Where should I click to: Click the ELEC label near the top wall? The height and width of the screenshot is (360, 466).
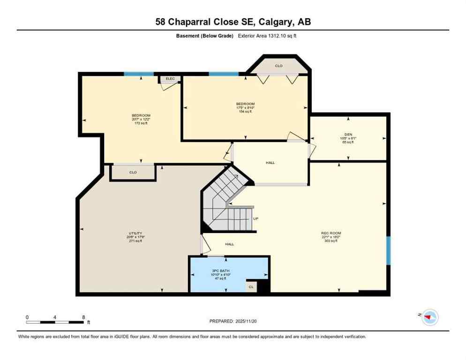point(170,79)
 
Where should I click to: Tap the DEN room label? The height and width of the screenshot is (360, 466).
point(347,134)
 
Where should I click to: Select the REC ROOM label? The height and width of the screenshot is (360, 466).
point(331,233)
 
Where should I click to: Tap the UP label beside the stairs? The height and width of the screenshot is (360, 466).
point(256,218)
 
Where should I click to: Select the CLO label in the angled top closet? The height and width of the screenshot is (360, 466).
point(279,66)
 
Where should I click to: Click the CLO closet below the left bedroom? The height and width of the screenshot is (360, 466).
point(133,172)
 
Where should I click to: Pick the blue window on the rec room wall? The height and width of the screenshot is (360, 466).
point(388,250)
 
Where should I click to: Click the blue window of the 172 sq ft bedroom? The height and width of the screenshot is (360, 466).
point(139,74)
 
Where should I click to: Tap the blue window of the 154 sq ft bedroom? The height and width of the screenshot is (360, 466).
point(224,74)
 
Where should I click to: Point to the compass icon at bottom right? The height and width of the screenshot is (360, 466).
point(429,317)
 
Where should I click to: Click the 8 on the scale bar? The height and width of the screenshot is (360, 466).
point(83,317)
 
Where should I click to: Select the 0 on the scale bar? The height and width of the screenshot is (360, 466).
point(27,317)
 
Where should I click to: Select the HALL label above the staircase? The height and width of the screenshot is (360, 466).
point(270,163)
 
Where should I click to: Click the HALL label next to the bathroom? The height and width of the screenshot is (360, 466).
point(229,244)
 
